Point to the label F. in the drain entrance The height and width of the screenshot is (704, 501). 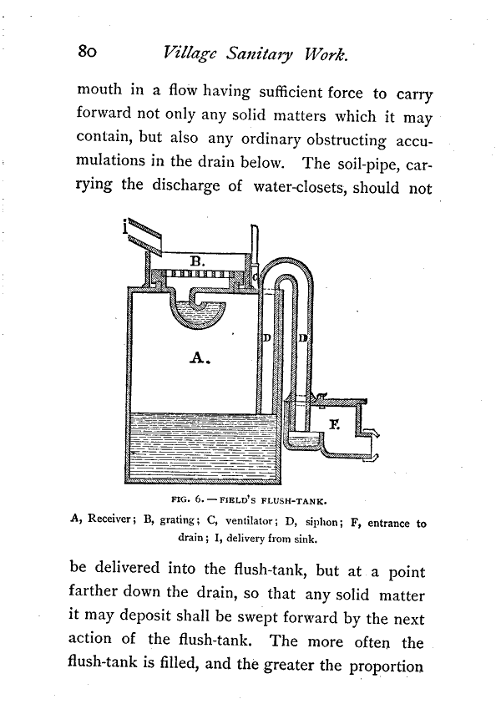(334, 424)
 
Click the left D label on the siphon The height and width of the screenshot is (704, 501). (266, 338)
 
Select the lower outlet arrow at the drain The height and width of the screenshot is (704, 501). (377, 455)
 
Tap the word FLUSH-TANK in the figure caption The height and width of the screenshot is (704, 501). (294, 502)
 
